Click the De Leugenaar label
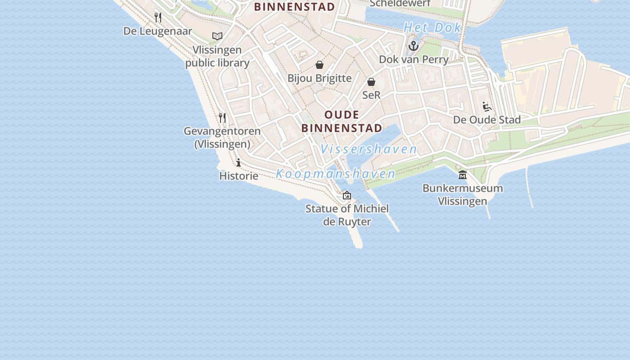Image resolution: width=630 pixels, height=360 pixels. point(157,31)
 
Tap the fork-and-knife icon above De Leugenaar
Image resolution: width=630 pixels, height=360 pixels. point(158,18)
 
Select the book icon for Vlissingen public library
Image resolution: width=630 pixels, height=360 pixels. point(217,36)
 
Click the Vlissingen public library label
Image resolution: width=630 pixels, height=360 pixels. point(217,56)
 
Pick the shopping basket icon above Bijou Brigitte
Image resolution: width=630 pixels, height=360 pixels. point(319,65)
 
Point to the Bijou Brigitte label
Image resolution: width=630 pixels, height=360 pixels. point(319,78)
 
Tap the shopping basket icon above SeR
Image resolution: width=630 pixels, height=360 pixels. point(371,82)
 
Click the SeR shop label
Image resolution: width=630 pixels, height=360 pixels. point(371,95)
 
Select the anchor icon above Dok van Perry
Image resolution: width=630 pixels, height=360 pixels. point(414,46)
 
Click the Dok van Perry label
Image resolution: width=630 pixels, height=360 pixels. point(414,59)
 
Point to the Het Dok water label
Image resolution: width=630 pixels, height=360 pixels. point(432,27)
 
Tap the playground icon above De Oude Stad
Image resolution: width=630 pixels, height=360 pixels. point(487,107)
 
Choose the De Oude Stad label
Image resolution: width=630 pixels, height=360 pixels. point(487,120)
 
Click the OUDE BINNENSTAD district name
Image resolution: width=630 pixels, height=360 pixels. point(342,121)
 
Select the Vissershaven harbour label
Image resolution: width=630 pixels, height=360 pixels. point(369,149)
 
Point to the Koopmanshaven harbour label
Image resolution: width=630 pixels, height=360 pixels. point(336,174)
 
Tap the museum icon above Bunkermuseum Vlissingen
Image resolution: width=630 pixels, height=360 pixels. point(463,175)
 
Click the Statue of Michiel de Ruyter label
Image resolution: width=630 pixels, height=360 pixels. point(347,215)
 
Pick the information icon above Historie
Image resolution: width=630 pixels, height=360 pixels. point(238,162)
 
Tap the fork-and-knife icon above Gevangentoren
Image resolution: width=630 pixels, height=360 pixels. point(222,118)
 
